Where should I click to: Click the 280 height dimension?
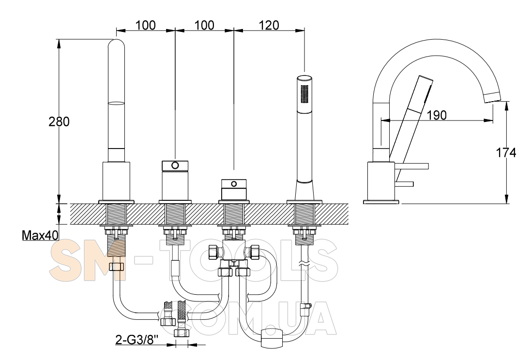coord(59,121)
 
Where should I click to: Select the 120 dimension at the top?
coord(269,25)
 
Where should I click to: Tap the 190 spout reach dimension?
coord(437,115)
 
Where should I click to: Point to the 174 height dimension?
coord(506,152)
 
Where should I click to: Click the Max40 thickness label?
coord(40,235)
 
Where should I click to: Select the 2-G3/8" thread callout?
coord(137,340)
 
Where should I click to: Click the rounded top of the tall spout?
coord(116,45)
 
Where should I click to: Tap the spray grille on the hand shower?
coord(305,93)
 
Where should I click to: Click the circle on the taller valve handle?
coord(175,165)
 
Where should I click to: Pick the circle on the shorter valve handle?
coord(234,184)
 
